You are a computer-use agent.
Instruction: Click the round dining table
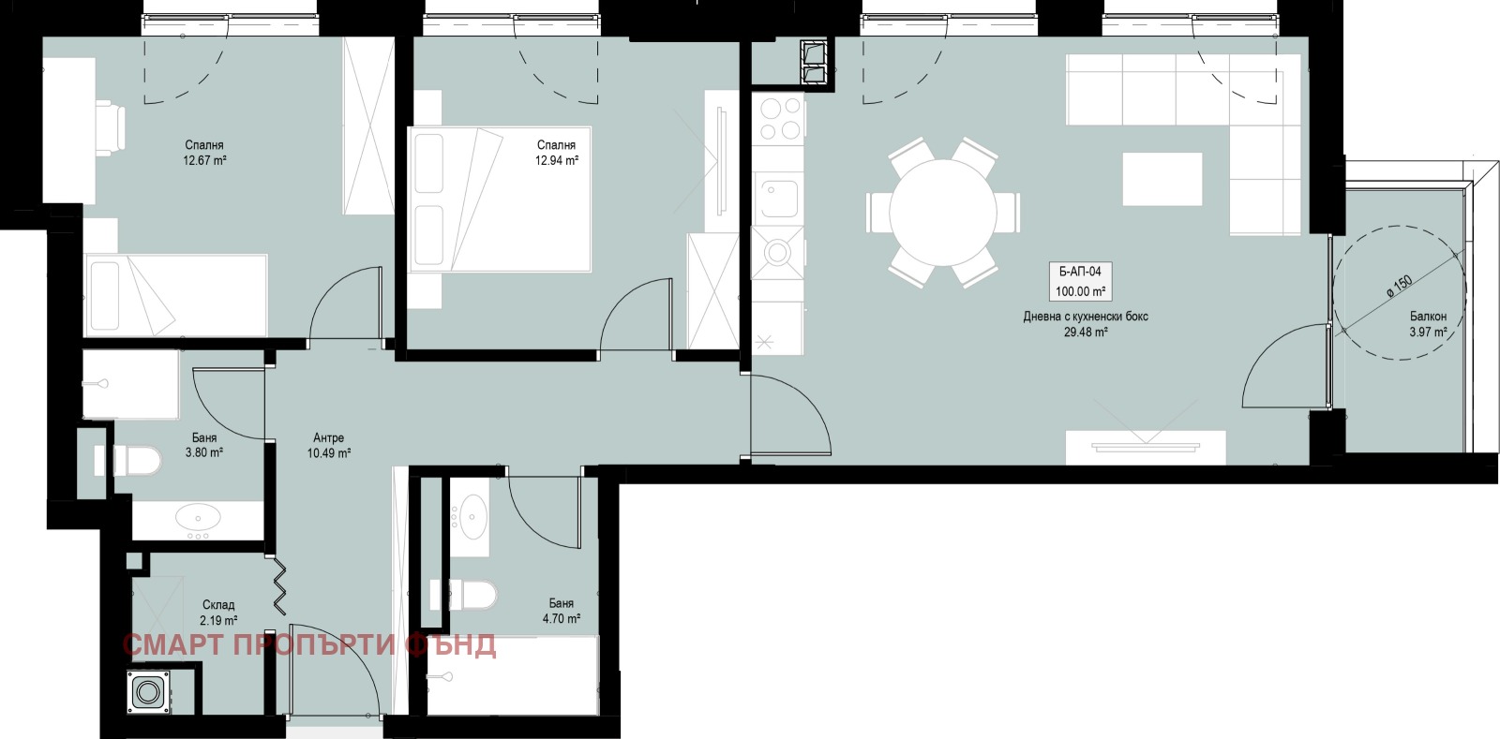[943, 214]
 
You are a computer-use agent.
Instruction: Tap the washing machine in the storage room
[149, 691]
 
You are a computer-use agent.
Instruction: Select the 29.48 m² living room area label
[1086, 332]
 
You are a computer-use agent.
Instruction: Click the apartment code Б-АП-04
[1080, 272]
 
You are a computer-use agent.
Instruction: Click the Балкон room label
[1428, 317]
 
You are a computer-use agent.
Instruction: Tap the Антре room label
[328, 438]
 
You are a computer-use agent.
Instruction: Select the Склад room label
[218, 604]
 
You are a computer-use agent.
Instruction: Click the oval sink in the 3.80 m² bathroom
[198, 517]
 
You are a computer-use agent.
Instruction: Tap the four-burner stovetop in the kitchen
[778, 118]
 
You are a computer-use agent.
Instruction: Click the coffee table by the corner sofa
[1162, 179]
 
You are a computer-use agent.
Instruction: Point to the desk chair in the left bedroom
[111, 127]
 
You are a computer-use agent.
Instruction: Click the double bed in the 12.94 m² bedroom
[500, 200]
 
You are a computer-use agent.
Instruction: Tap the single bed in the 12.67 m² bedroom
[176, 295]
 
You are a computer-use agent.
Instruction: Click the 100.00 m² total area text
[1080, 291]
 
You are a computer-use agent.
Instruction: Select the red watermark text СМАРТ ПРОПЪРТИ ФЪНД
[309, 645]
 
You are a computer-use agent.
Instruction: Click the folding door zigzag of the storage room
[280, 586]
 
